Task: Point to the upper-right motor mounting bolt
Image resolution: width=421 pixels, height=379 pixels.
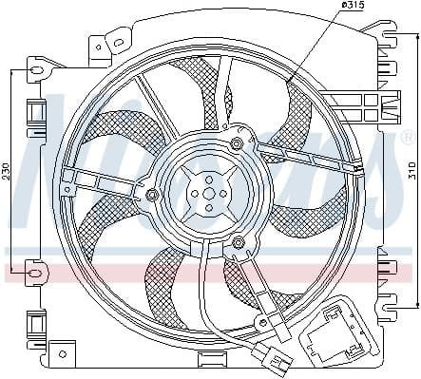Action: [x=236, y=143]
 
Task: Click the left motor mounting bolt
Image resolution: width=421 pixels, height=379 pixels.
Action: [x=151, y=195]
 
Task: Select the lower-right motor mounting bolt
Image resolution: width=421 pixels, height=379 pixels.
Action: [x=238, y=245]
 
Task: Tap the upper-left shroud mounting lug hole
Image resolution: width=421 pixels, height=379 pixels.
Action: [x=34, y=70]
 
